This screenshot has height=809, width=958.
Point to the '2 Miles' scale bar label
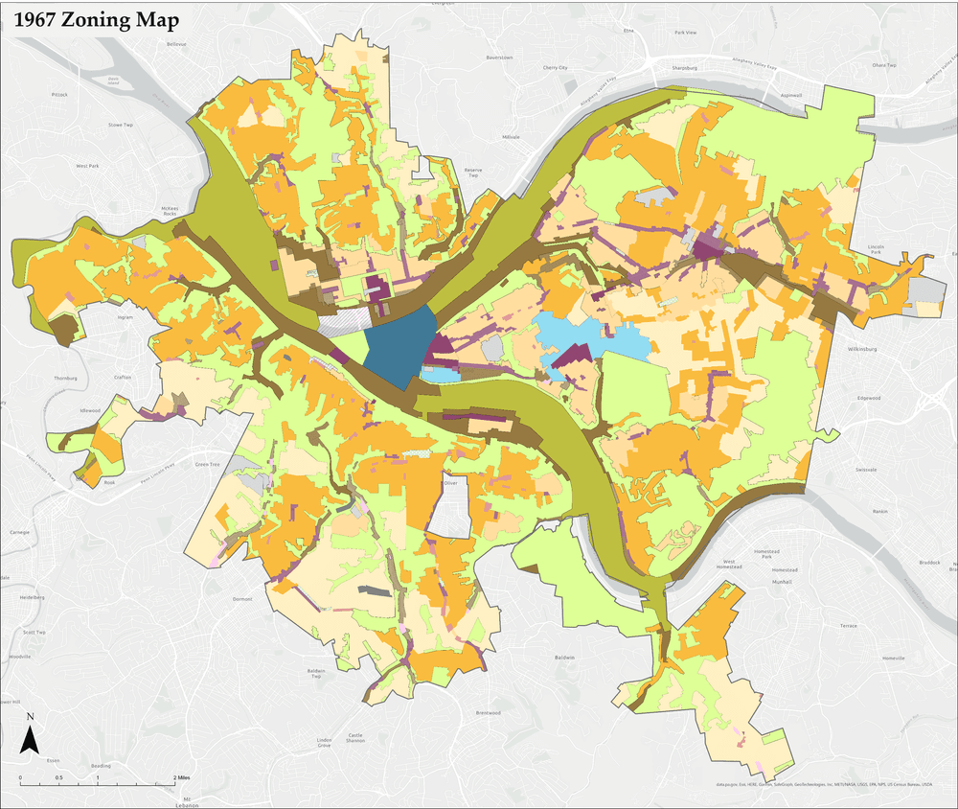pos(179,777)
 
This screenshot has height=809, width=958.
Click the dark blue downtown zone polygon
pos(396,347)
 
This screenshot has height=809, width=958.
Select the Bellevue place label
pos(176,44)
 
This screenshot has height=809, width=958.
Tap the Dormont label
pos(242,598)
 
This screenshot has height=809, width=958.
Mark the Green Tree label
pos(207,465)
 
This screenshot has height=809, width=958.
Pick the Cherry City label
pos(556,68)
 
